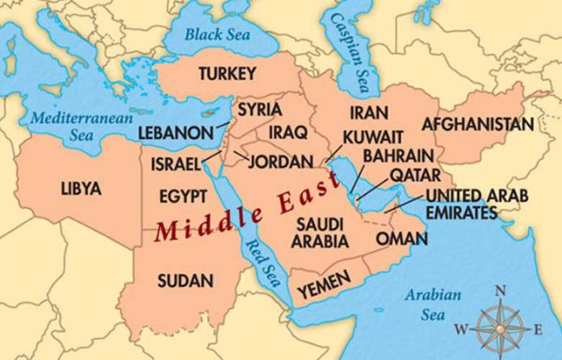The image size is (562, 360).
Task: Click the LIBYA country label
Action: tap(81, 189)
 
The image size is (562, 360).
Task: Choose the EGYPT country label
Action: tap(178, 197)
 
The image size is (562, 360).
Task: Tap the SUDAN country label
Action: tap(187, 281)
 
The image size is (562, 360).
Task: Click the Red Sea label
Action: tap(260, 257)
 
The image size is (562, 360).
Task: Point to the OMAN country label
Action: tap(401, 239)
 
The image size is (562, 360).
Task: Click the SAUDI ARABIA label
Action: tap(322, 232)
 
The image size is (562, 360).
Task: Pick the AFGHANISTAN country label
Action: tap(477, 124)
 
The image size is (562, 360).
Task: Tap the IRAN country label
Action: tap(368, 112)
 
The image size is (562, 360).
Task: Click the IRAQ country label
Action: tap(286, 131)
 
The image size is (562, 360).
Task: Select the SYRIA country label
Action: tap(259, 108)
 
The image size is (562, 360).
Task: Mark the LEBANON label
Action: tap(175, 132)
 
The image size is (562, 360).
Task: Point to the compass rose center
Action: tap(500, 327)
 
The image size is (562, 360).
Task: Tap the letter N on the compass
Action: tap(501, 291)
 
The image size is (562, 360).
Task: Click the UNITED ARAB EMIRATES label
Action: tap(476, 204)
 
